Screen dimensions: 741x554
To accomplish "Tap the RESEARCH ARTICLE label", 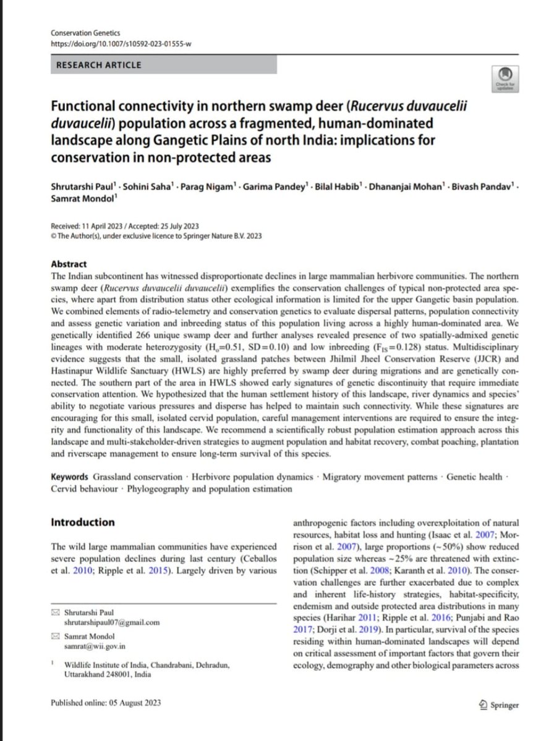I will pos(98,65).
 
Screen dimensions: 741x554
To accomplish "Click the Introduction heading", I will pos(82,522).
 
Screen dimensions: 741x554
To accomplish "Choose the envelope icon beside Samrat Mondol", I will pos(57,635).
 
